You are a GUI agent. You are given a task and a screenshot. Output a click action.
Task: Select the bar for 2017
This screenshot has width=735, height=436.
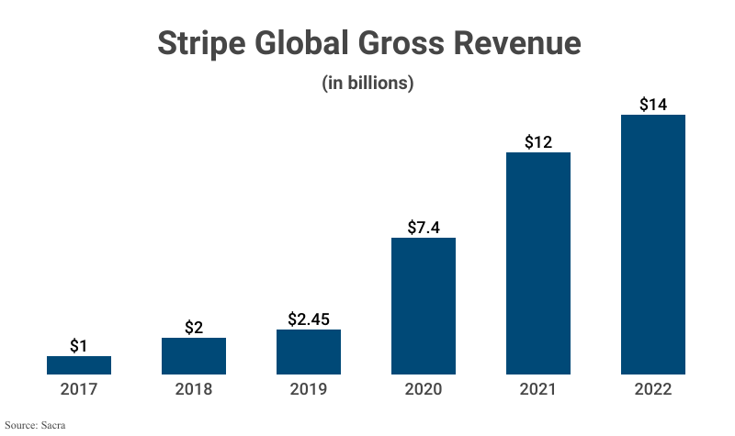(x=79, y=365)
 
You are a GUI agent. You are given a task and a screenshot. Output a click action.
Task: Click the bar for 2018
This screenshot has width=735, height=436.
(x=194, y=356)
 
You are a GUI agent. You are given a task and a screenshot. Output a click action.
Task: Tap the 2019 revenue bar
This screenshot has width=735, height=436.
(x=309, y=352)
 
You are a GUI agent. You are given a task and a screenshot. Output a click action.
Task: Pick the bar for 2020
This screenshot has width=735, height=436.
(x=424, y=306)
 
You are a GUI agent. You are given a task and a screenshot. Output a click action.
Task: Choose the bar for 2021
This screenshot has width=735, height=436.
(x=538, y=263)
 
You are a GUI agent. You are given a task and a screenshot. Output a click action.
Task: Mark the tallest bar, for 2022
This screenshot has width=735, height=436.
(x=653, y=244)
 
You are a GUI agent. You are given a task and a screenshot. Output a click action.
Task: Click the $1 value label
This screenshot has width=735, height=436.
(x=79, y=345)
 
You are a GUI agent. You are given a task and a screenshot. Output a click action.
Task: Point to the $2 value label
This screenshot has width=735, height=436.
(x=194, y=327)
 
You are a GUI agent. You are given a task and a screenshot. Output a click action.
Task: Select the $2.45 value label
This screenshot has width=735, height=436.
(x=309, y=319)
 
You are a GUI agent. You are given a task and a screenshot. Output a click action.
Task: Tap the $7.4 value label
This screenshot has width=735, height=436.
(x=424, y=227)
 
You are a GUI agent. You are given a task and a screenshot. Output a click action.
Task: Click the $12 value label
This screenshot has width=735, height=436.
(x=538, y=141)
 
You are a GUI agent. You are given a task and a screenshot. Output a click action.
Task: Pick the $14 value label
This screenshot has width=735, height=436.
(x=653, y=104)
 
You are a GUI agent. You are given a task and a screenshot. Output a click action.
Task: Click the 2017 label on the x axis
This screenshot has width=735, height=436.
(x=79, y=389)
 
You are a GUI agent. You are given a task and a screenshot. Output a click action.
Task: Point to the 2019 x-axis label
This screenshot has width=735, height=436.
(x=309, y=389)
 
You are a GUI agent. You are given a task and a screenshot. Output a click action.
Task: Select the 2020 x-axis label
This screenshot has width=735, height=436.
(x=424, y=389)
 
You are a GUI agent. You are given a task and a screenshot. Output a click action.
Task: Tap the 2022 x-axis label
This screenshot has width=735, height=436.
(x=653, y=389)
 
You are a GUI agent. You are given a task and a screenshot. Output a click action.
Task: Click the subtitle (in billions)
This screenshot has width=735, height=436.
(x=367, y=83)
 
